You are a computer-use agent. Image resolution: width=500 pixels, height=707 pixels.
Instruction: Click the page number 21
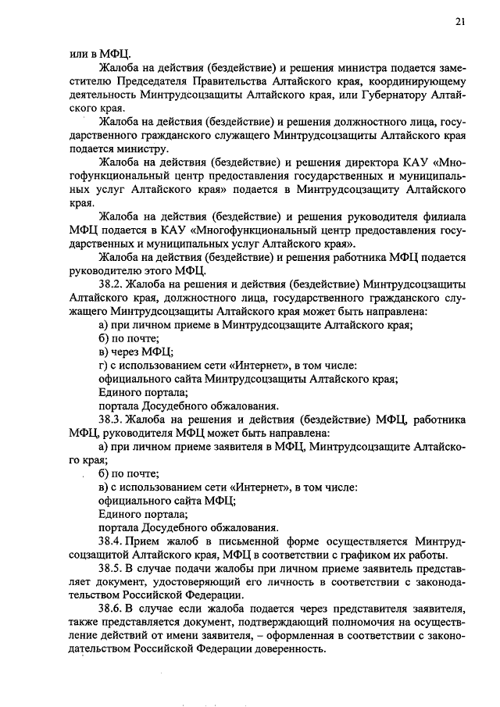point(460,22)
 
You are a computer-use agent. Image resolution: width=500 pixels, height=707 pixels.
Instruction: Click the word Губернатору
point(385,94)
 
